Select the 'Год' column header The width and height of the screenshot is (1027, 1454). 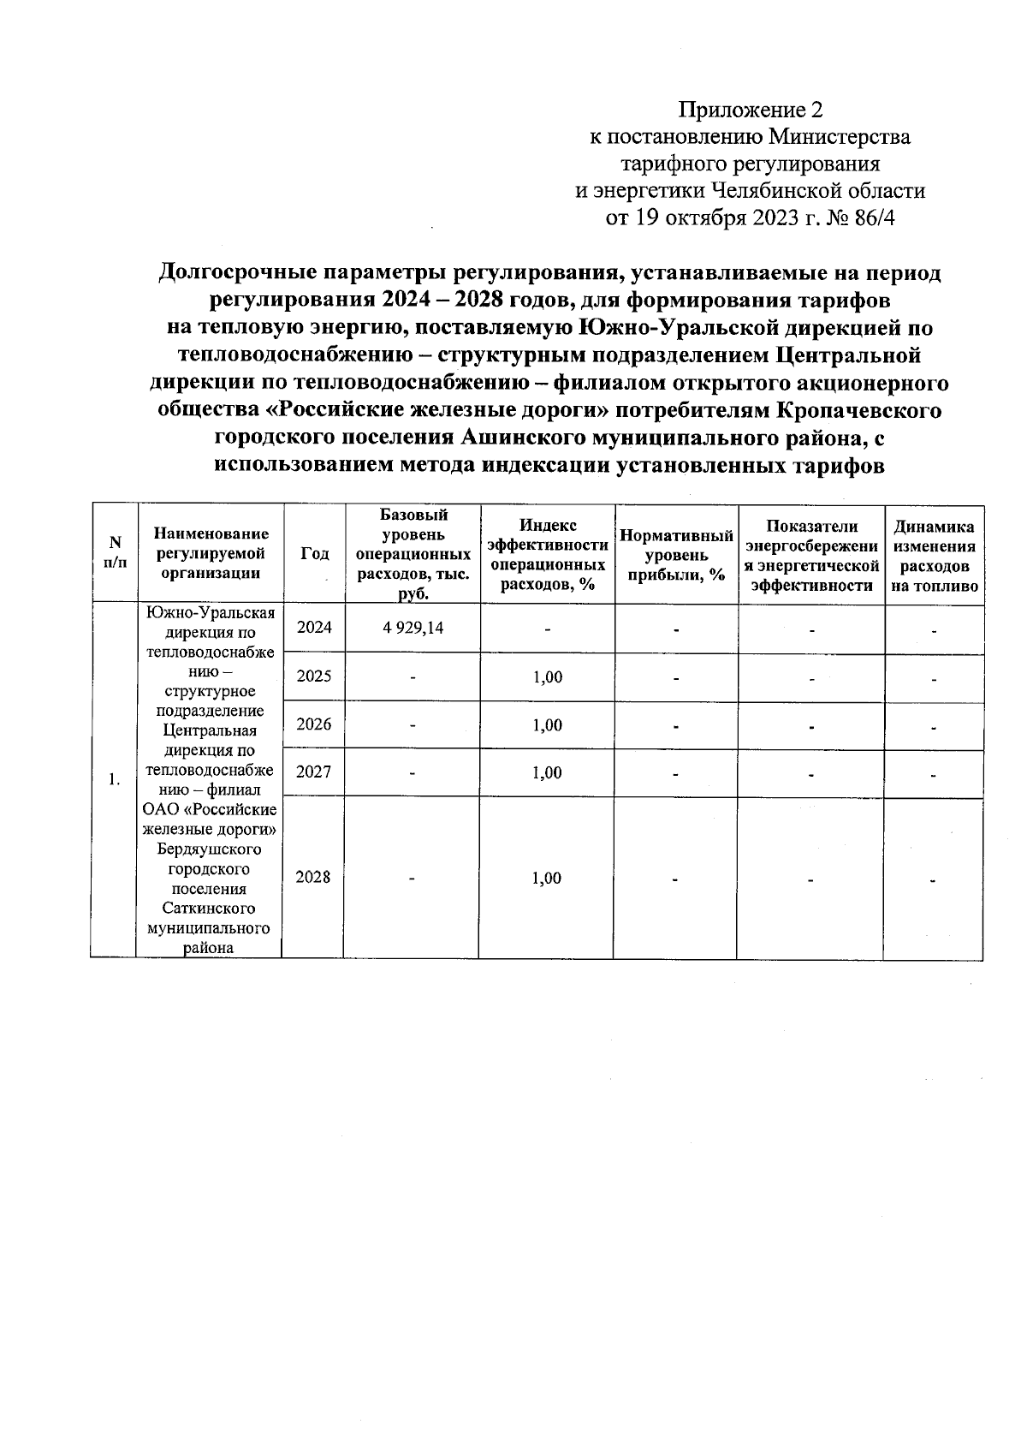(x=314, y=553)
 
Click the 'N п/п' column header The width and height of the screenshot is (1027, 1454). (x=114, y=553)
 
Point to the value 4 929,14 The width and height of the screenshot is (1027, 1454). (x=413, y=627)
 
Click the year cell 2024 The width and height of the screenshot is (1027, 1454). (x=313, y=627)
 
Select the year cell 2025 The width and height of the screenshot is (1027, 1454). (x=313, y=676)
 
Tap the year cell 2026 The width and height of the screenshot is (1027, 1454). (x=313, y=724)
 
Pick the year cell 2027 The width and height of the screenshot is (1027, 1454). (x=313, y=772)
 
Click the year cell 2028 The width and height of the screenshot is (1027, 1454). (x=313, y=877)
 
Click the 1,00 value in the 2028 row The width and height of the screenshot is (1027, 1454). (x=547, y=878)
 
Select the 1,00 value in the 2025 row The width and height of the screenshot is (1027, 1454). (x=547, y=676)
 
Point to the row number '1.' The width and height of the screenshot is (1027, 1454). (x=114, y=779)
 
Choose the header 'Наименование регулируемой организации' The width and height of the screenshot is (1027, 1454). (x=210, y=553)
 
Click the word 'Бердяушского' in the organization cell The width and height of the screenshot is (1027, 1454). (x=210, y=849)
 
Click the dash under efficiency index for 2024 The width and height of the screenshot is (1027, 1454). (x=547, y=630)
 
